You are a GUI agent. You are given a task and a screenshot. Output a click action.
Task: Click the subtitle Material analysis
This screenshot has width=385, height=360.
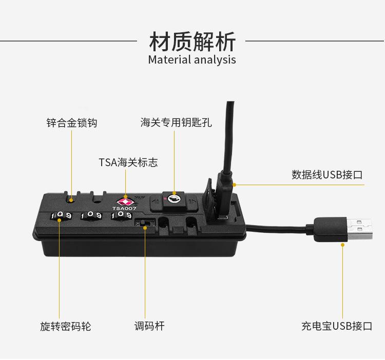[x=192, y=59]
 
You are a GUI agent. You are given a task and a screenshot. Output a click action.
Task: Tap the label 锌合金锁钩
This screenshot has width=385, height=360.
[x=71, y=123]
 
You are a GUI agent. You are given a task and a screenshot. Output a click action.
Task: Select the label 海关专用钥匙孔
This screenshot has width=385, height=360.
[x=176, y=123]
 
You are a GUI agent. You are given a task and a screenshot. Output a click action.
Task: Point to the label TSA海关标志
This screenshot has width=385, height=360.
[x=128, y=163]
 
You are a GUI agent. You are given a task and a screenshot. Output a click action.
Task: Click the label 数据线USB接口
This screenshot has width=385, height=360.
[x=327, y=174]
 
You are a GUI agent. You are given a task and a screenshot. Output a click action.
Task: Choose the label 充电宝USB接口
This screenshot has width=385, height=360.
[x=336, y=326]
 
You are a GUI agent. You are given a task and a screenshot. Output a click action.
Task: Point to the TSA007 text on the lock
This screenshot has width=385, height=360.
[x=125, y=208]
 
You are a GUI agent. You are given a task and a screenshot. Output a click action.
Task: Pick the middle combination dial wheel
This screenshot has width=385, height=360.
[x=92, y=216]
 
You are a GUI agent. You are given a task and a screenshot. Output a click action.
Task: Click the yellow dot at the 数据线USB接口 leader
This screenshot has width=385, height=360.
[x=234, y=184]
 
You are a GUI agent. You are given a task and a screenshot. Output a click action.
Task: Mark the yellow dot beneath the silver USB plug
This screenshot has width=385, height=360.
[x=343, y=245]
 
